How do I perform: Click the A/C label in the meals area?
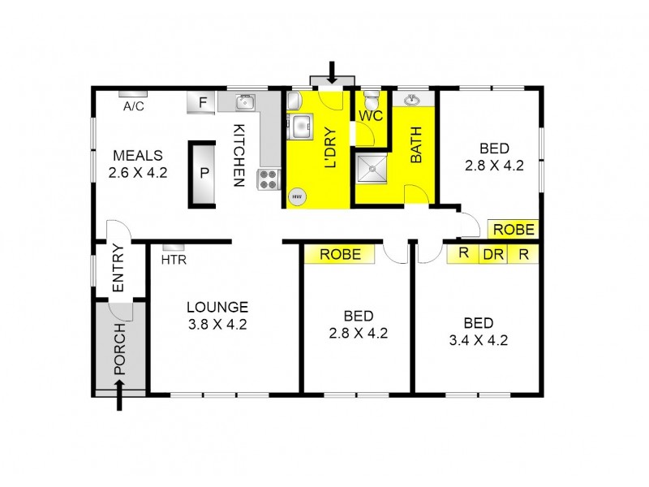(x=133, y=106)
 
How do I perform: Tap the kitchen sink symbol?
(x=245, y=103)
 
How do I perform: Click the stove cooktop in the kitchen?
(x=269, y=179)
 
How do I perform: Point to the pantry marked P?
(x=204, y=173)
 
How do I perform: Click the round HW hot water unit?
(x=297, y=196)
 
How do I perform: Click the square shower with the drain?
(x=372, y=169)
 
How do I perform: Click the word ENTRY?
(x=118, y=268)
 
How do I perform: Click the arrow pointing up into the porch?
(x=120, y=398)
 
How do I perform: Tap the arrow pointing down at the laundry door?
(x=332, y=71)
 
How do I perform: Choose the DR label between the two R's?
(x=492, y=253)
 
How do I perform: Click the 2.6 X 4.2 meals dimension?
(x=138, y=172)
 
